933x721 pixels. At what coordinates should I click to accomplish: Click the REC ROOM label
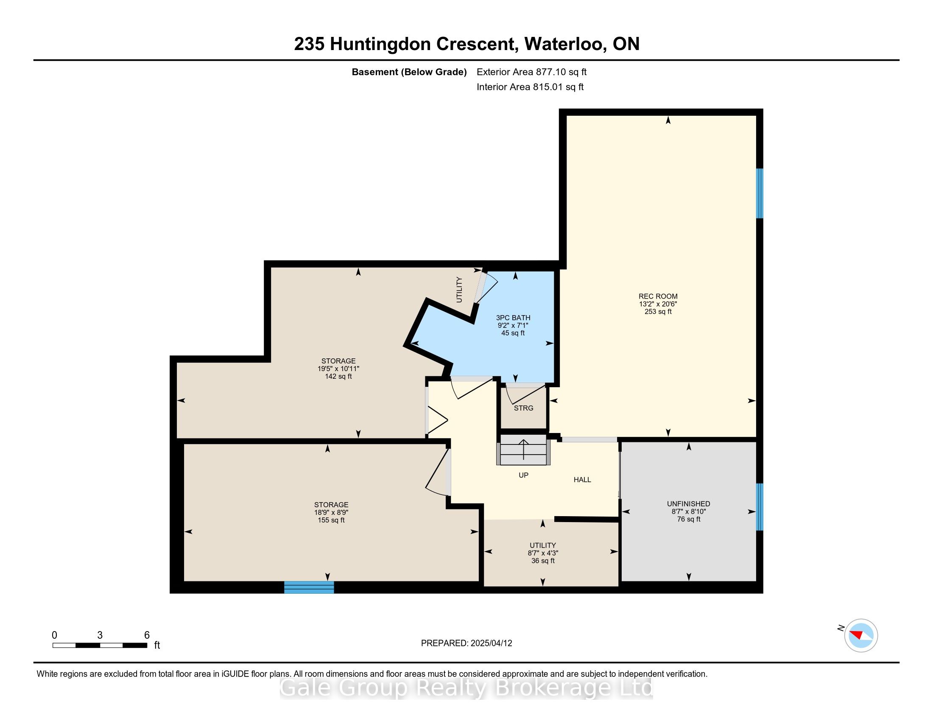[x=658, y=296]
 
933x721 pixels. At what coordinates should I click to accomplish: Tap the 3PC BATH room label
[x=513, y=318]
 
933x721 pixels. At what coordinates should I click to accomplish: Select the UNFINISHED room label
[x=688, y=504]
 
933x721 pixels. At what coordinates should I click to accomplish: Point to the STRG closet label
[x=523, y=408]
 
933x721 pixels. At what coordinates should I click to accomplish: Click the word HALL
[x=582, y=480]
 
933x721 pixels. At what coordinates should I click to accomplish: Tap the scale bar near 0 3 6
[x=100, y=646]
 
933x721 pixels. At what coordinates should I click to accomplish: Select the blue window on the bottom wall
[x=309, y=587]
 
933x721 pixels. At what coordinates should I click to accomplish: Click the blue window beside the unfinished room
[x=760, y=506]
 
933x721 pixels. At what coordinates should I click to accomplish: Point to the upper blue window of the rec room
[x=760, y=193]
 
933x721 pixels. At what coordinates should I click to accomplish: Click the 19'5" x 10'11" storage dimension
[x=338, y=369]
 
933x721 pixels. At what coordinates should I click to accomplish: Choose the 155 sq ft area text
[x=331, y=520]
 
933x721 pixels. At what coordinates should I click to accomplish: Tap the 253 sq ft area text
[x=658, y=312]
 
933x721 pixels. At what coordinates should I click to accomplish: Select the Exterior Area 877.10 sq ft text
[x=531, y=72]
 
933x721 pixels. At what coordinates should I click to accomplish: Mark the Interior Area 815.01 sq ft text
[x=530, y=87]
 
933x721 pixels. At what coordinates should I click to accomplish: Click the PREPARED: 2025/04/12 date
[x=466, y=643]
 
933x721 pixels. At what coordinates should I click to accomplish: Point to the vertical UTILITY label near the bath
[x=459, y=290]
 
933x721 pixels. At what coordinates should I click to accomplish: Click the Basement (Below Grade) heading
[x=409, y=72]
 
